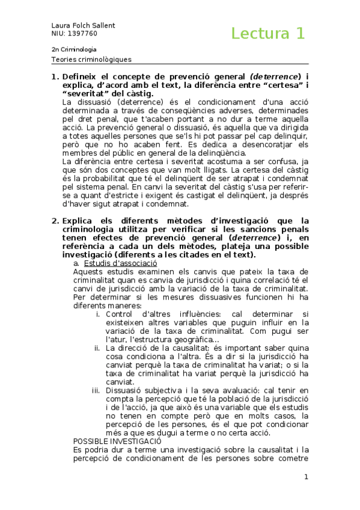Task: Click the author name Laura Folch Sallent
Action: point(82,25)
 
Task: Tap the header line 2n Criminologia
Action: point(74,49)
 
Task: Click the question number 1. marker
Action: point(54,77)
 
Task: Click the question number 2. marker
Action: point(54,221)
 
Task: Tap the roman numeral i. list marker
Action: point(99,313)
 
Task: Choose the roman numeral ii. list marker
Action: point(97,348)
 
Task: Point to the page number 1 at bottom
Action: point(306,477)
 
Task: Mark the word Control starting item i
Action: point(119,313)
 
